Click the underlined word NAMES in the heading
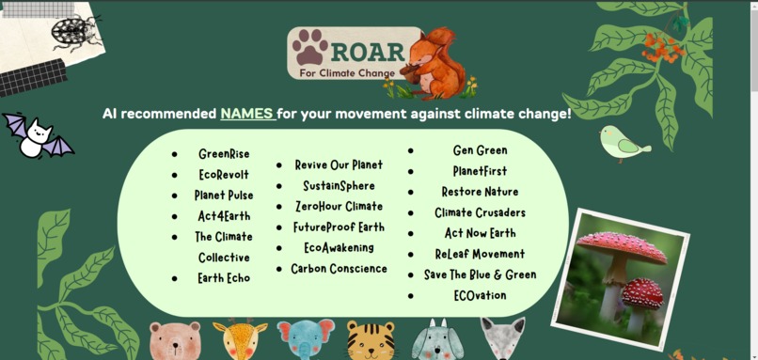click(247, 114)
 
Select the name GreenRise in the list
click(224, 154)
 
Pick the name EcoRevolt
click(224, 175)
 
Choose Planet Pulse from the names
click(224, 196)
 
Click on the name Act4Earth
click(224, 216)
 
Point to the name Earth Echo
click(224, 278)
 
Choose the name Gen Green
click(480, 150)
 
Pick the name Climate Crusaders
click(480, 212)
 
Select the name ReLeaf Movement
click(480, 254)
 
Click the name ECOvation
click(480, 295)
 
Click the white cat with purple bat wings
click(36, 137)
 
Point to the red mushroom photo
click(620, 278)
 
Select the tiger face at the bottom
click(371, 340)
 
